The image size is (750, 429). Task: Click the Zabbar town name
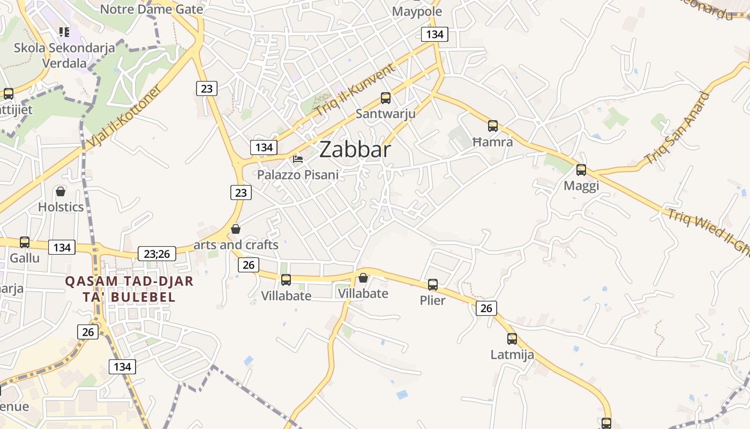click(355, 150)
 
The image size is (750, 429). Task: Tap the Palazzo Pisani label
click(298, 175)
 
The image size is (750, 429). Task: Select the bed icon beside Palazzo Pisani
click(298, 159)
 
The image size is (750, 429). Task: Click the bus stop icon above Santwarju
click(386, 98)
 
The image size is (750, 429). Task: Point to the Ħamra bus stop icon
click(493, 127)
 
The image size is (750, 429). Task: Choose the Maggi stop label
click(581, 186)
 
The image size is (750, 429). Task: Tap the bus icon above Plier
click(433, 285)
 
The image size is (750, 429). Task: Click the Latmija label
click(512, 354)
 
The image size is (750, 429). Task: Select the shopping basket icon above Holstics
click(61, 191)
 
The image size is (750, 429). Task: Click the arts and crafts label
click(236, 245)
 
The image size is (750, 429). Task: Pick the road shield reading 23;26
click(157, 254)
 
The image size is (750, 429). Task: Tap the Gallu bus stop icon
click(24, 242)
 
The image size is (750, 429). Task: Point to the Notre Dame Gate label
click(152, 9)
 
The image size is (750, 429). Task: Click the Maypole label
click(417, 11)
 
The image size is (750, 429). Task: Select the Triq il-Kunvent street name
click(355, 90)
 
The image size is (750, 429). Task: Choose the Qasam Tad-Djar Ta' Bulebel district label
click(129, 289)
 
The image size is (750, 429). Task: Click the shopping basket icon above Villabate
click(363, 278)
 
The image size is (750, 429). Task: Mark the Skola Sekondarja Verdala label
click(64, 55)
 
